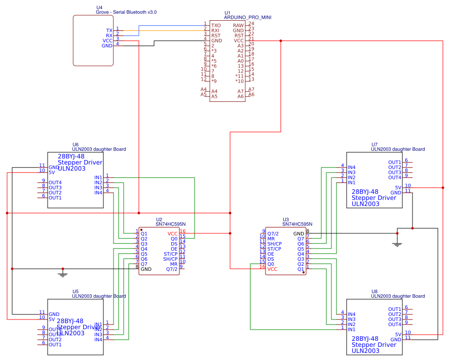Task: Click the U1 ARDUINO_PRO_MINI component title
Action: click(247, 17)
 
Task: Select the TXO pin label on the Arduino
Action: click(216, 25)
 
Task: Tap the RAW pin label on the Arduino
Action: click(238, 25)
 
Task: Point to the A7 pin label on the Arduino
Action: click(241, 91)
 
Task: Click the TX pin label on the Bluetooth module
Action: click(109, 30)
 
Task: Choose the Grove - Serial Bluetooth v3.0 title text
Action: click(126, 12)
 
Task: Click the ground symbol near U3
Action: click(397, 244)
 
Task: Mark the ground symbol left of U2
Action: click(62, 274)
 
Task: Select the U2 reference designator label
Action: click(159, 219)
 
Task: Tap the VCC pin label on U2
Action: click(173, 233)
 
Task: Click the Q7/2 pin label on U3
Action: click(273, 233)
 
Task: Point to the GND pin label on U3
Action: click(299, 233)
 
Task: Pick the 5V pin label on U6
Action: click(52, 172)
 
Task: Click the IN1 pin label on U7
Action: click(351, 182)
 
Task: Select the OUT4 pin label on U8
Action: click(395, 324)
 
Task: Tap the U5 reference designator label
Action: click(76, 292)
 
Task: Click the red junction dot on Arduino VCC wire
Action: click(281, 41)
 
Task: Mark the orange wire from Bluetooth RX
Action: click(162, 30)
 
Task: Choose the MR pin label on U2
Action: click(174, 264)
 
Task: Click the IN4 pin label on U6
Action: click(98, 192)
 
